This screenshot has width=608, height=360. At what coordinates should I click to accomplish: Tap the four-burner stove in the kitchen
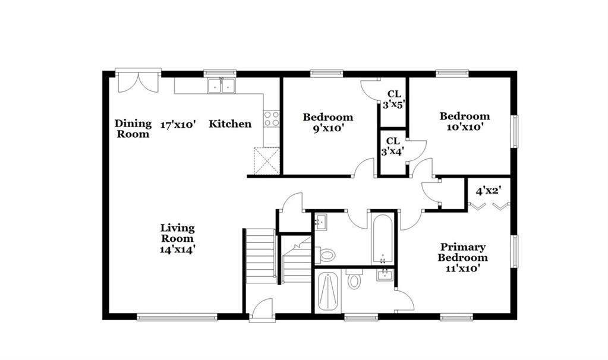(272, 119)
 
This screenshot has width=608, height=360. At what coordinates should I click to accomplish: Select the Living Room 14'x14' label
(177, 238)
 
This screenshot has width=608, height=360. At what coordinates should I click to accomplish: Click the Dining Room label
(133, 129)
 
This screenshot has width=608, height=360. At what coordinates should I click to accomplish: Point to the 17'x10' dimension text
(178, 125)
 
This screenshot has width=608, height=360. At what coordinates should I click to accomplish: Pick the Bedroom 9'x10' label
(328, 122)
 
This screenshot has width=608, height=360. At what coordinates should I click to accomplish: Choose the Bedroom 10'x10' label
(465, 121)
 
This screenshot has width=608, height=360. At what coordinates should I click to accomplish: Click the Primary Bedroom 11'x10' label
(462, 257)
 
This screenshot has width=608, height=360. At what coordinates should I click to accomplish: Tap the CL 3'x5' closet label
(394, 99)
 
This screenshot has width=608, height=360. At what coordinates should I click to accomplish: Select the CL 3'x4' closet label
(392, 146)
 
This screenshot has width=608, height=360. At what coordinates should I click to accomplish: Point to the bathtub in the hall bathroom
(382, 239)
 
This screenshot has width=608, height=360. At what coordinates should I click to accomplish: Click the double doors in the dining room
(138, 81)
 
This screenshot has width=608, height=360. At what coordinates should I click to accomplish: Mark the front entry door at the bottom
(262, 310)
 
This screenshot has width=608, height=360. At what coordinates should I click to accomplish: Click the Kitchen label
(230, 124)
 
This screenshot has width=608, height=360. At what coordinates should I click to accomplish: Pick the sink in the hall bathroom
(321, 222)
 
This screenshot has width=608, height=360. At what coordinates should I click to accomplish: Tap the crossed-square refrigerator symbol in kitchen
(267, 160)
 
